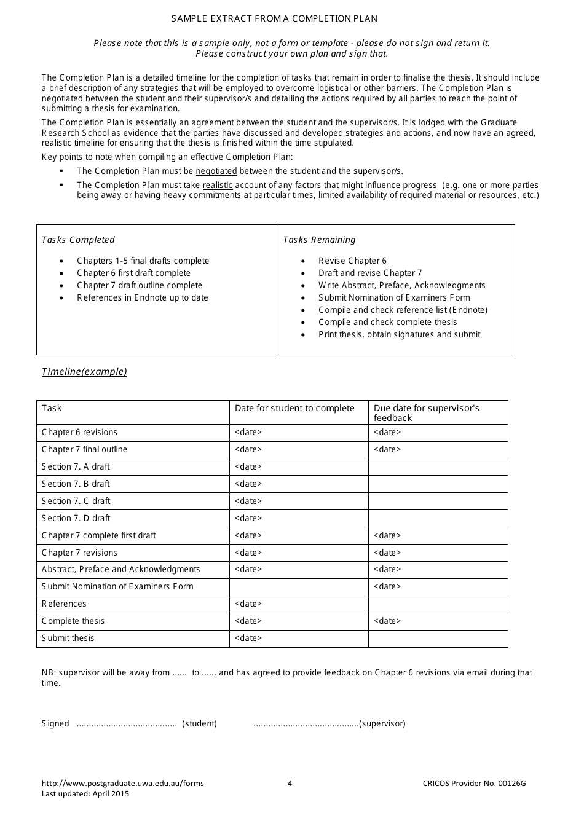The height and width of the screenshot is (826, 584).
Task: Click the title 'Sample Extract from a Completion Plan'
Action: click(274, 18)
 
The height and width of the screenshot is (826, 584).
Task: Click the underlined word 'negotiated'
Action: click(216, 171)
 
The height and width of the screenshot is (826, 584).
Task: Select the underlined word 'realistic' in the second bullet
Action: click(218, 185)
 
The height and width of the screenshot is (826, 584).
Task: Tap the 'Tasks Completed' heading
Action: click(78, 240)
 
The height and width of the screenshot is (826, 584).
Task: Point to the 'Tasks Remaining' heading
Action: click(319, 240)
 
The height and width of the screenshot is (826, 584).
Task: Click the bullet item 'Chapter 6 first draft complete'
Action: click(133, 273)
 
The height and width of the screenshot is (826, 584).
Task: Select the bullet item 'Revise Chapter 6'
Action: click(352, 261)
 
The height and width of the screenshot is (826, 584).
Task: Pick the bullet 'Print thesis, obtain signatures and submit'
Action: click(399, 334)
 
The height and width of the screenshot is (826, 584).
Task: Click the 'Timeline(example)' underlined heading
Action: click(84, 371)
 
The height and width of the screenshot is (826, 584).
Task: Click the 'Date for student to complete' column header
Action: click(294, 408)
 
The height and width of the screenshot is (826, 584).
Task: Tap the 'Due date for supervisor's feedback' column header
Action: click(426, 412)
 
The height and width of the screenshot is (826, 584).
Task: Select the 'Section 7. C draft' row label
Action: click(76, 501)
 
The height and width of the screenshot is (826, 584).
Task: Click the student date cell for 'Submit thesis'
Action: click(248, 638)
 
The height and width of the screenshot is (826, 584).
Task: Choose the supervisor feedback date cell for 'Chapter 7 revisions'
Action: click(387, 553)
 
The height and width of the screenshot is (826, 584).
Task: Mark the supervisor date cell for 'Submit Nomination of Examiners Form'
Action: click(387, 586)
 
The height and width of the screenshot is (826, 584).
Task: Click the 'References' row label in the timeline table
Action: click(64, 604)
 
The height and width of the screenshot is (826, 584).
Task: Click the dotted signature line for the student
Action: click(127, 724)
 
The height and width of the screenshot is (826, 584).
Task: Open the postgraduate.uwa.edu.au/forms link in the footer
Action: click(123, 783)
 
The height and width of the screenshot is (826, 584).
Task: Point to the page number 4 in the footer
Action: click(290, 783)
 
